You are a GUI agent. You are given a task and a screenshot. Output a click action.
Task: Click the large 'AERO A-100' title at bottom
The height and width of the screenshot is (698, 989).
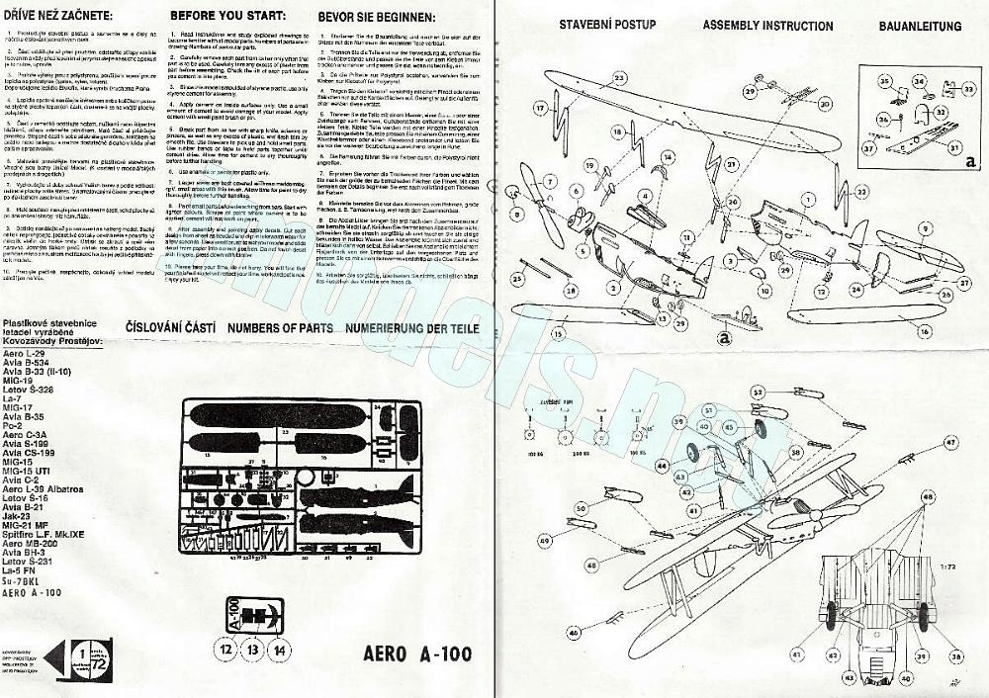click(417, 654)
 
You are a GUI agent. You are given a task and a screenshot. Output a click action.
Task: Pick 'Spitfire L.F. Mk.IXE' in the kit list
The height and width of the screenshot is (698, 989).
click(52, 535)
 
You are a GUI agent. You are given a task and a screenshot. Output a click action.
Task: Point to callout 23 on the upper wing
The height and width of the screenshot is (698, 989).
click(619, 76)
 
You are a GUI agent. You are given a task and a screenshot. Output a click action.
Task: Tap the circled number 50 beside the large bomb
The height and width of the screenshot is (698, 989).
click(581, 507)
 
